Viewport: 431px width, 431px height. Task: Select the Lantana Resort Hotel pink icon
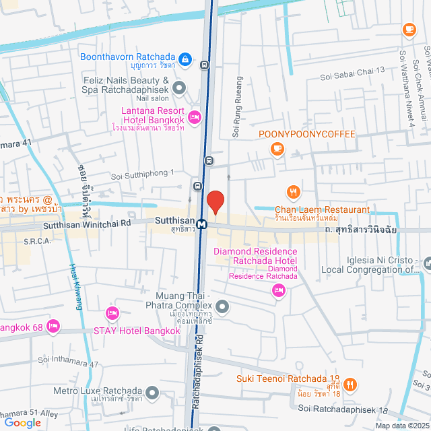pos(195,117)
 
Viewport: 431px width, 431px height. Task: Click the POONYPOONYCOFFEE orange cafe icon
pos(276,149)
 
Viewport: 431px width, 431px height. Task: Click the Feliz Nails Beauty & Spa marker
pos(178,87)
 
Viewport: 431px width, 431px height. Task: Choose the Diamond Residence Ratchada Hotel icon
pos(277,290)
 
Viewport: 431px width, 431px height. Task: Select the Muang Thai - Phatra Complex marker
pos(224,308)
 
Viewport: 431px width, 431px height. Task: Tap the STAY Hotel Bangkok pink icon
pos(112,314)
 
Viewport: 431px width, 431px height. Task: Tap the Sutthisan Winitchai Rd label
pos(87,228)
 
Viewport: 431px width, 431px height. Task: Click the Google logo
pos(22,422)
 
